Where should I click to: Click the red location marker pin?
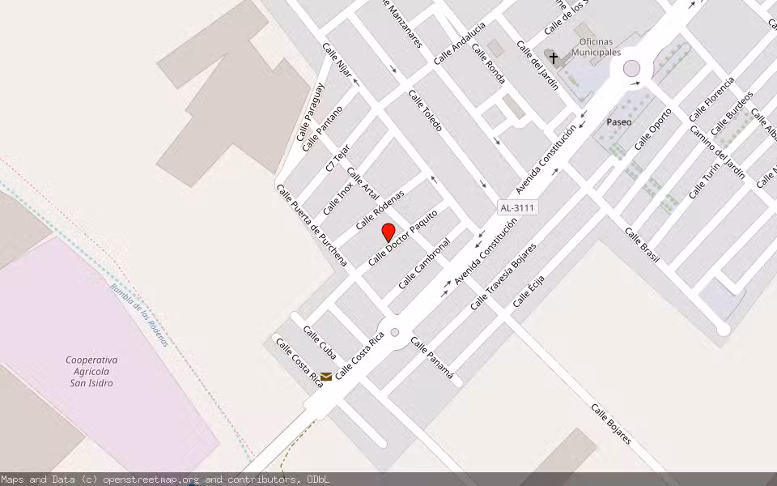pos(388,232)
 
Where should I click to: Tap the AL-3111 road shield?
pos(518,208)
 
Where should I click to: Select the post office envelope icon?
pos(325,376)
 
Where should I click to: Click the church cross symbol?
pos(554,58)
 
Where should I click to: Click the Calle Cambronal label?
pos(424,262)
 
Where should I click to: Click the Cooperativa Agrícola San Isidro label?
pos(91,371)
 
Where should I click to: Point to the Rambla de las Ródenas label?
pos(139,315)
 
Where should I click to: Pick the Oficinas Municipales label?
pos(596,47)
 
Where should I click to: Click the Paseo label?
pos(619,122)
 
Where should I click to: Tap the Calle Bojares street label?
pos(610,424)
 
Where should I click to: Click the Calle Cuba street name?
pos(320,342)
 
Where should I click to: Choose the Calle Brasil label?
pos(642,245)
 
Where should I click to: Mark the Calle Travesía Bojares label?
pos(503,275)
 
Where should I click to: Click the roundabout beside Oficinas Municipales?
pos(631,68)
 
